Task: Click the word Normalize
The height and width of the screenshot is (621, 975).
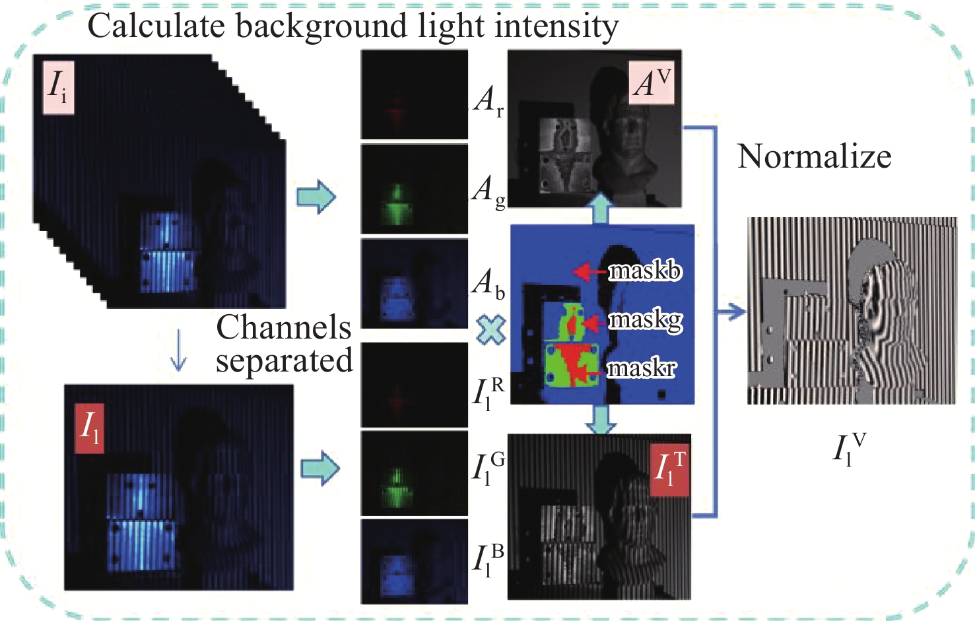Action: tap(814, 157)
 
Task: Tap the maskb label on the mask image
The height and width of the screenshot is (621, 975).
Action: tap(644, 271)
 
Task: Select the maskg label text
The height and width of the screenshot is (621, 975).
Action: tap(645, 320)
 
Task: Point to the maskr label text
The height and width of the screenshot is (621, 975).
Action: tap(641, 368)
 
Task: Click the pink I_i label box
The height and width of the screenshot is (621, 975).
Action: tap(58, 86)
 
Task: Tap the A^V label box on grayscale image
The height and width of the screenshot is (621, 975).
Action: tap(652, 83)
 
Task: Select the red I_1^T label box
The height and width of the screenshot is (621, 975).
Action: tap(669, 470)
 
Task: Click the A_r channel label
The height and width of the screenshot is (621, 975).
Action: tap(488, 100)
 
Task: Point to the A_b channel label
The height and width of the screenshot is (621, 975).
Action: tap(489, 283)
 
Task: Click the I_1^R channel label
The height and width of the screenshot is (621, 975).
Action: tap(488, 392)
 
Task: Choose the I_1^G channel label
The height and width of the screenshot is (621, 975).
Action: tap(488, 469)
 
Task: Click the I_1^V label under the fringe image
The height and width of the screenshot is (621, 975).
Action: tap(848, 449)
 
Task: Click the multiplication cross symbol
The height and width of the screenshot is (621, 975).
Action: tap(491, 330)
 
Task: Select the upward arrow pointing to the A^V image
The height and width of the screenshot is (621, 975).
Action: tap(601, 209)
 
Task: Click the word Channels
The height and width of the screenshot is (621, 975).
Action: tap(284, 327)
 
